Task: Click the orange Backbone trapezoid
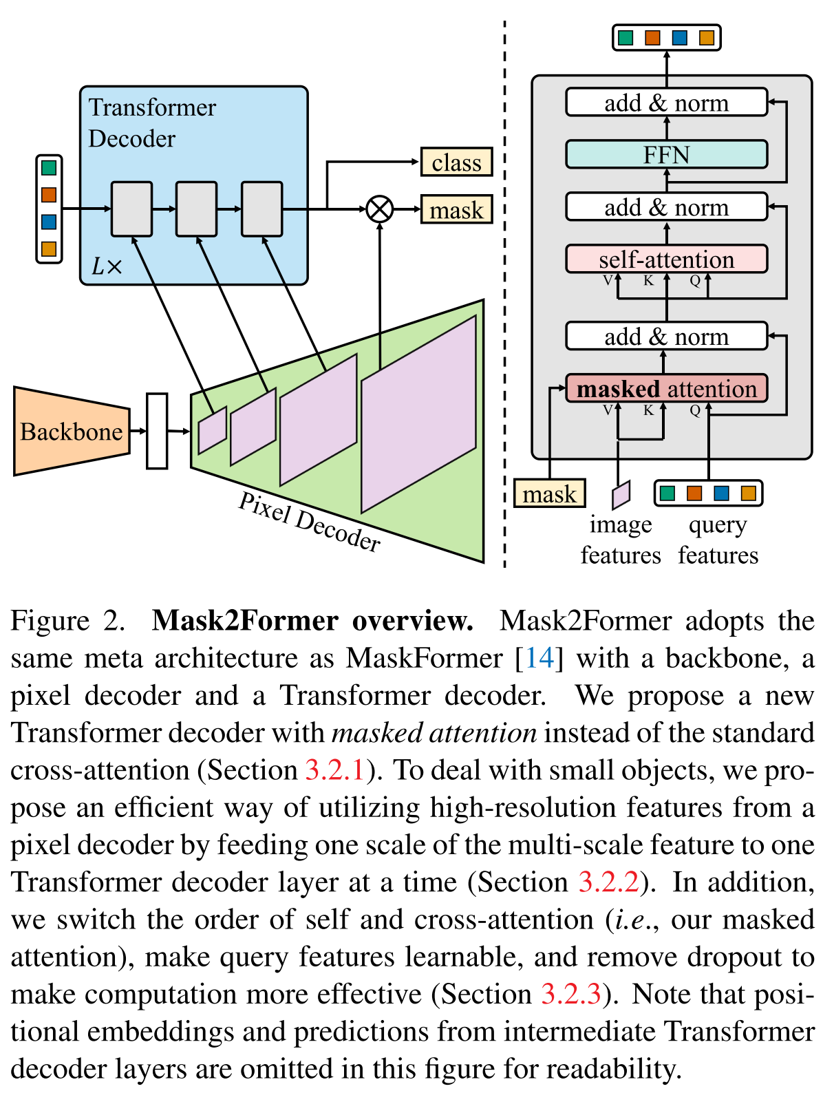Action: coord(71,432)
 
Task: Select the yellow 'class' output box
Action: coord(456,162)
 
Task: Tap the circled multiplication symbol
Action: coord(379,209)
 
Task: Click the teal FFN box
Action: coord(665,154)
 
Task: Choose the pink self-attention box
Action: coord(665,259)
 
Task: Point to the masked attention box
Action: coord(665,389)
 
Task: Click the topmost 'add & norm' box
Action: coord(665,103)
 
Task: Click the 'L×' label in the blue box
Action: coord(106,266)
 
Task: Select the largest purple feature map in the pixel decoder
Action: coord(418,414)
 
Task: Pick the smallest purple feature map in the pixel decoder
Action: coord(212,430)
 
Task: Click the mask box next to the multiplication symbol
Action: coord(456,210)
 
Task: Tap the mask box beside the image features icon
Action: coord(549,494)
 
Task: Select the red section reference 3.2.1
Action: coord(334,770)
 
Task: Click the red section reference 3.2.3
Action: coord(571,994)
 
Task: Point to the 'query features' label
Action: coord(718,540)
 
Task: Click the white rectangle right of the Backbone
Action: coord(157,431)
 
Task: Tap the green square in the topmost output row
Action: coord(626,37)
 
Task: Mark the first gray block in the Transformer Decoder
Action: coord(131,209)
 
